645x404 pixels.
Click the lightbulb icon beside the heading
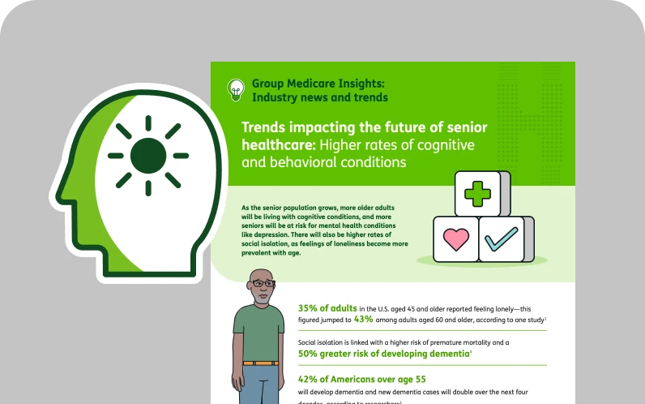tap(236, 89)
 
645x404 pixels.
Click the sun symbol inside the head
tap(148, 155)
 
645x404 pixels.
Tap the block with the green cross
tap(479, 194)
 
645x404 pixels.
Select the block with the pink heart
tap(456, 239)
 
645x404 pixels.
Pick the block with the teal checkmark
tap(502, 239)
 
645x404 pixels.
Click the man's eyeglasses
tap(263, 283)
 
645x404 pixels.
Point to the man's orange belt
tap(260, 363)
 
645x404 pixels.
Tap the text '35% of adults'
tap(327, 308)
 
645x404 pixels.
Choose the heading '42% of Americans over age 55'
tap(361, 379)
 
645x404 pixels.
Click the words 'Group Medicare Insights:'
tap(318, 83)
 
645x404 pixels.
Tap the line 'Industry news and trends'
tap(319, 97)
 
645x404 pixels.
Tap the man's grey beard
tap(261, 298)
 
